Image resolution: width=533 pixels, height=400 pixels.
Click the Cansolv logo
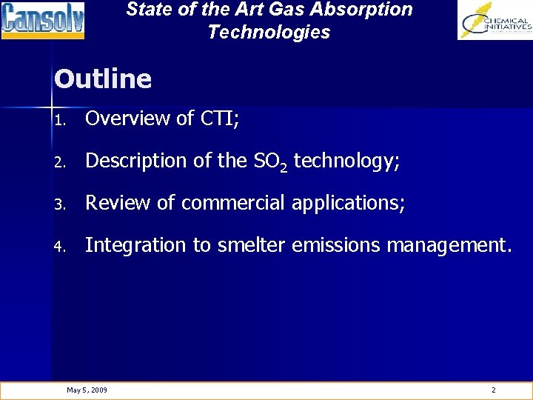(43, 20)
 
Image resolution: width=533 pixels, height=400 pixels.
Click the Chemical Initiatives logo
(495, 20)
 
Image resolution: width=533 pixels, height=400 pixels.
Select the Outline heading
(103, 79)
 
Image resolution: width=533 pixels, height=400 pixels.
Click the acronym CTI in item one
(220, 119)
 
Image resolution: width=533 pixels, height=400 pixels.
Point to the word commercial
(232, 203)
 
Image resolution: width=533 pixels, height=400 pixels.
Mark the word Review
(113, 203)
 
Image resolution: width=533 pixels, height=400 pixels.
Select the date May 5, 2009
(87, 390)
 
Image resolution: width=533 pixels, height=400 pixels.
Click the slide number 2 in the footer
(494, 390)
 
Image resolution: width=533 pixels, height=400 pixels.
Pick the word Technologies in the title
(269, 32)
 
